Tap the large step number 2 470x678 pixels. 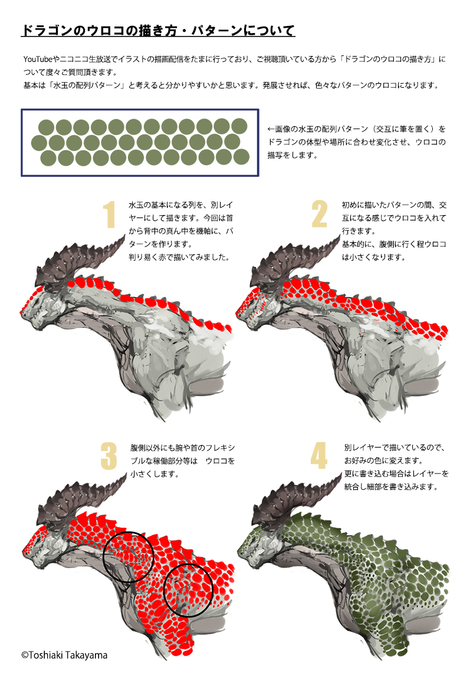320,213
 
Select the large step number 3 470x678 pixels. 109,456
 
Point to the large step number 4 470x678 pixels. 319,456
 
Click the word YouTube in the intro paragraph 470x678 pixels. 38,59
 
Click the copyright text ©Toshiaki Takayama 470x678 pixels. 64,655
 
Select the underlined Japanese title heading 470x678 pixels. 158,31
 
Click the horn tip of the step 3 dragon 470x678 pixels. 126,475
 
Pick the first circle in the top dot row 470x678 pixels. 46,127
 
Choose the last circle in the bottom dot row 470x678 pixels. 241,157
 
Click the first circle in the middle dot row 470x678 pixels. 39,142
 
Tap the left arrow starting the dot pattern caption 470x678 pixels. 271,129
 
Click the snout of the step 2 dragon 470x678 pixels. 239,311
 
